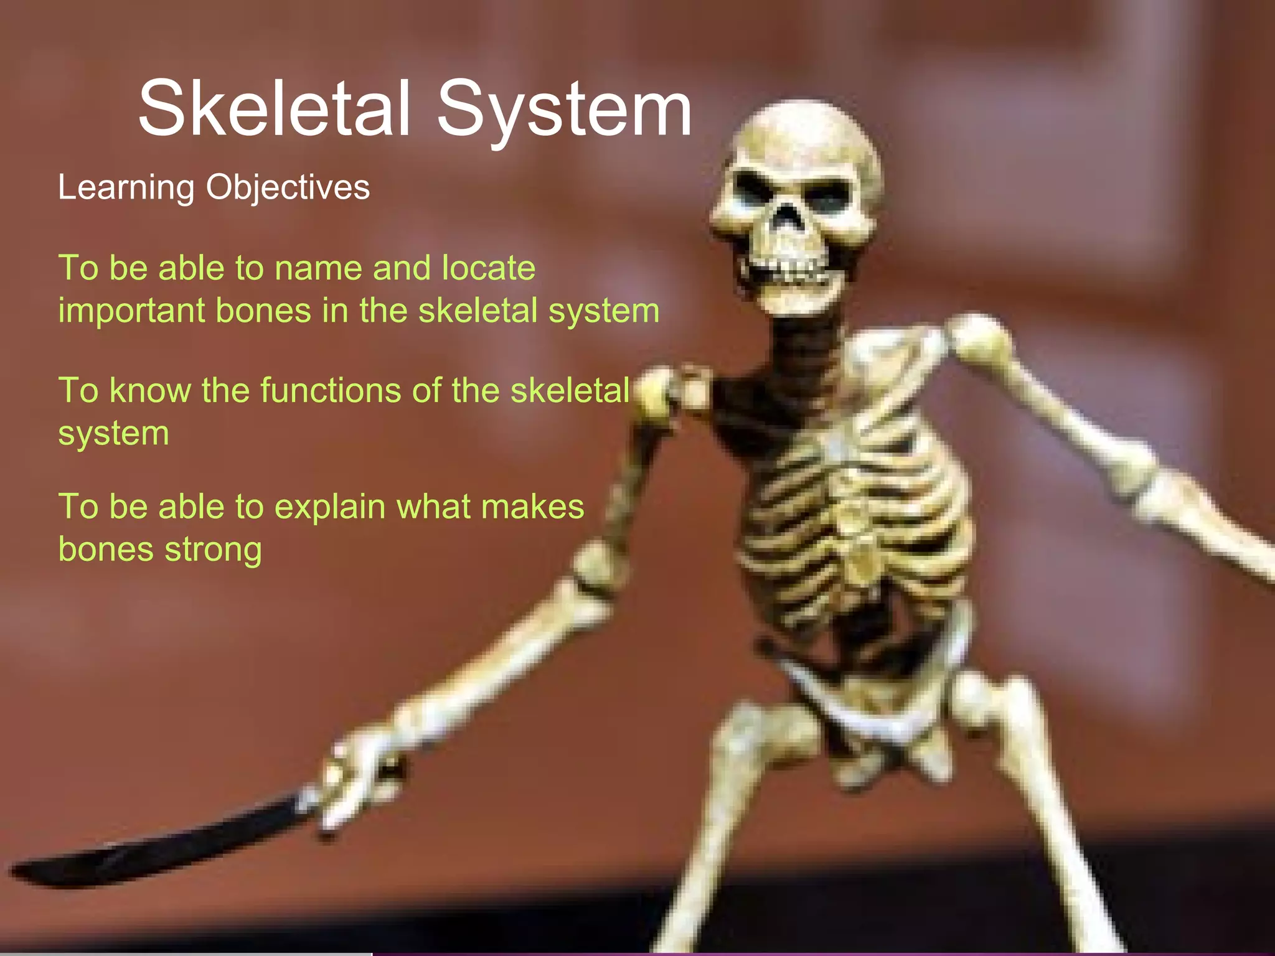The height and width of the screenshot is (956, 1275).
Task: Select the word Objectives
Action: [288, 188]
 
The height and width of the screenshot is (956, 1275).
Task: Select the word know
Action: [150, 391]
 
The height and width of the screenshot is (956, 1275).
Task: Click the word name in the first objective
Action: [318, 268]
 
